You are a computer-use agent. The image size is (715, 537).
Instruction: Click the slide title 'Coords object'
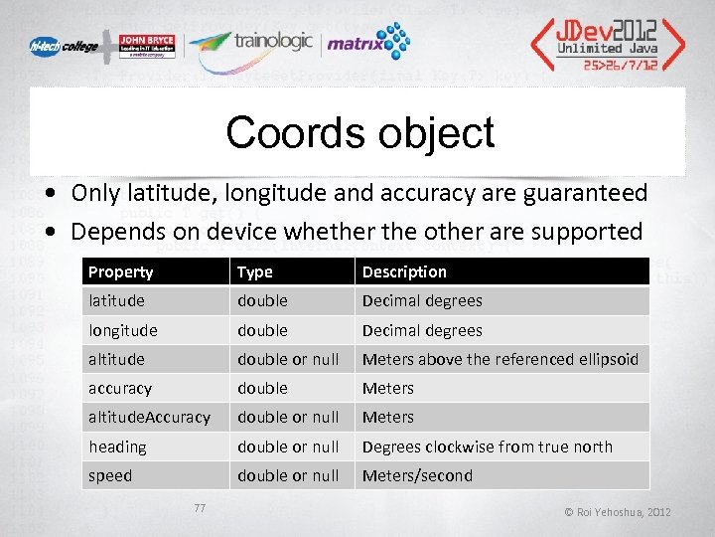[x=359, y=132]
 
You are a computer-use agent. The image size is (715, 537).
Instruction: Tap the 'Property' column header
[x=120, y=271]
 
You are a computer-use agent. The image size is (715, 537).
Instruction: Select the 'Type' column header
[x=254, y=271]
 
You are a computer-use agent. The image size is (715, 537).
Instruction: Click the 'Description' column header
[x=404, y=271]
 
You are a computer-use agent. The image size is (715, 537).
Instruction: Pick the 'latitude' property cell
[x=116, y=300]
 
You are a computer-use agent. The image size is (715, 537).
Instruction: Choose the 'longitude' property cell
[x=122, y=330]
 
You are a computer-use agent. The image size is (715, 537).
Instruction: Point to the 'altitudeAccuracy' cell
[x=149, y=417]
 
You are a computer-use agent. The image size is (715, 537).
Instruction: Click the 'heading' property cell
[x=117, y=447]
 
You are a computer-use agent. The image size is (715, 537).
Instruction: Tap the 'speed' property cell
[x=110, y=475]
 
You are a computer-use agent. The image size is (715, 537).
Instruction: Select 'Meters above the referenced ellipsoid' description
[x=500, y=359]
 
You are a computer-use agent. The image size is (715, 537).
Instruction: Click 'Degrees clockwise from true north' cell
[x=487, y=447]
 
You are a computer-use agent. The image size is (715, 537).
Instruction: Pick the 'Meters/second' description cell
[x=417, y=475]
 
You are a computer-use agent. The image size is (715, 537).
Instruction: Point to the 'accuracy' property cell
[x=120, y=388]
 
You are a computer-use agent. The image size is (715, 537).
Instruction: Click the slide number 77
[x=200, y=508]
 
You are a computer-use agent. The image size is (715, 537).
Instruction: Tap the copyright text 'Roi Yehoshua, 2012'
[x=618, y=512]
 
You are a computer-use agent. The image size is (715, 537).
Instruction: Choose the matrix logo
[x=367, y=43]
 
